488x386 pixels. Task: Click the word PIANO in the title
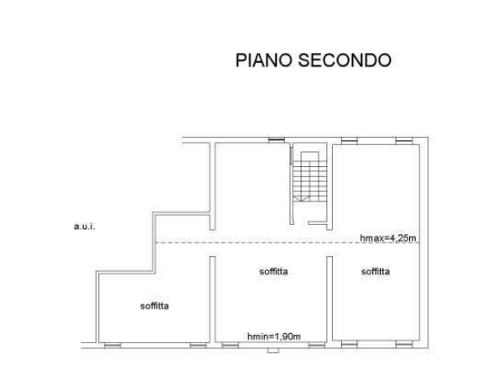click(x=263, y=60)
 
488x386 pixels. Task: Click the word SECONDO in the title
click(x=345, y=60)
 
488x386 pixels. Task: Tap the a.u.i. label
click(x=85, y=227)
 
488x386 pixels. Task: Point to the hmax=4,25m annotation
click(x=387, y=238)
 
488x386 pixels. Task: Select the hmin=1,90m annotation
click(x=274, y=336)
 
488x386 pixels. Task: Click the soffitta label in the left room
click(x=154, y=306)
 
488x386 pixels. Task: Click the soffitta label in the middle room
click(x=273, y=271)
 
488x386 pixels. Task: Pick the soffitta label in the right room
click(x=376, y=271)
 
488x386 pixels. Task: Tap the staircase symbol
click(x=310, y=177)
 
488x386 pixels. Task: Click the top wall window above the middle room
click(x=277, y=140)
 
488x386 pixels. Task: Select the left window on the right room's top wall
click(x=349, y=141)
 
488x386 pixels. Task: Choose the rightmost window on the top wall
click(x=404, y=141)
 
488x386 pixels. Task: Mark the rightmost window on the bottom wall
click(x=404, y=344)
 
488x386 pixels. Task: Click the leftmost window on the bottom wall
click(x=112, y=345)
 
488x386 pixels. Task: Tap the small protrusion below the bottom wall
click(x=273, y=351)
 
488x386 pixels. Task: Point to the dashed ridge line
click(x=288, y=243)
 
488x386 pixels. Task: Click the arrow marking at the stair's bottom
click(x=302, y=199)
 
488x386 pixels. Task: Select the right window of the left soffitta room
click(x=198, y=345)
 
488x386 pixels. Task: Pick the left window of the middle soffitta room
click(x=231, y=345)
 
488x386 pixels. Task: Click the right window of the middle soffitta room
click(x=317, y=345)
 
